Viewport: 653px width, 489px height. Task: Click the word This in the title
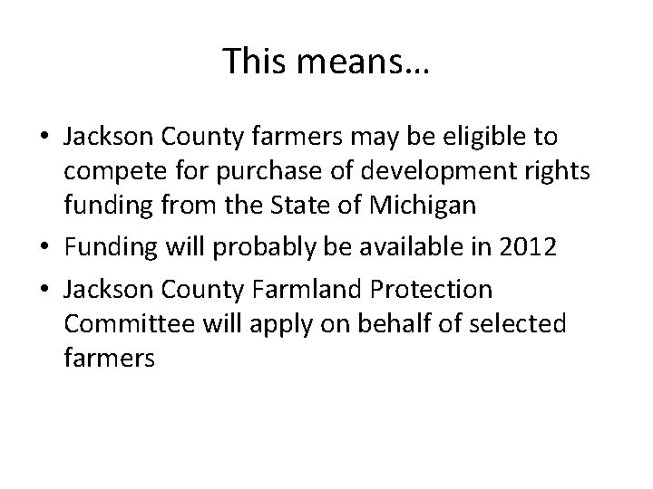pyautogui.click(x=253, y=61)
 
